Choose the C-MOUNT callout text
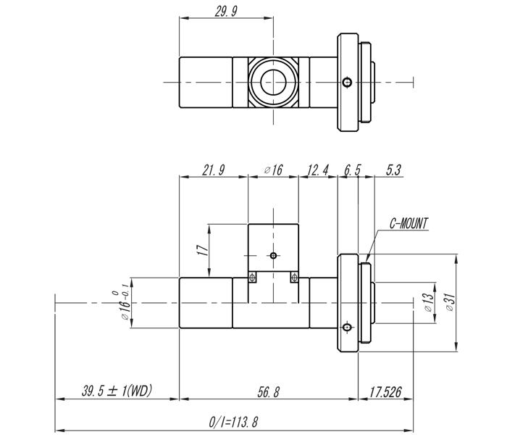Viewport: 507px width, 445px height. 409,223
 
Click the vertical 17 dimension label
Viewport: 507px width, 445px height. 203,249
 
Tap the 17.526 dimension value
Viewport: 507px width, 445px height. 385,392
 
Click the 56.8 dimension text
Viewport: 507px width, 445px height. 268,392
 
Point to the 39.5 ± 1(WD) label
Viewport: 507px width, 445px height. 117,391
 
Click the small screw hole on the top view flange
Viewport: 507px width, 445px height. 348,82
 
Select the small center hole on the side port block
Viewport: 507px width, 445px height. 273,255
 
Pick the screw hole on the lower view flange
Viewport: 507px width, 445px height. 348,328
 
